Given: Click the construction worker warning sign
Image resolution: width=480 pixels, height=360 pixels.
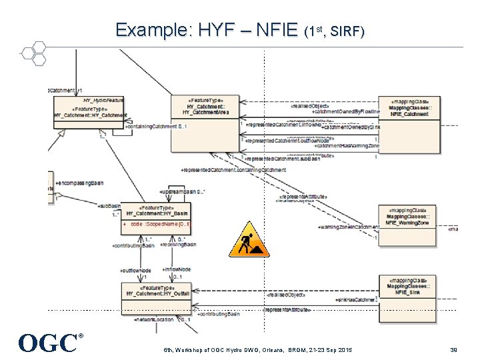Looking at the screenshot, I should [x=249, y=239].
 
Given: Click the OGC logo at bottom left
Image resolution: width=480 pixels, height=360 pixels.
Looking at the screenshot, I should [x=51, y=343].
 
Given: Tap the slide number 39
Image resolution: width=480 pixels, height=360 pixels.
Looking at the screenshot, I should [x=453, y=350].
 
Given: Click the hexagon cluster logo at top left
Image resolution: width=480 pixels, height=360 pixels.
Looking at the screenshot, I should [x=33, y=53].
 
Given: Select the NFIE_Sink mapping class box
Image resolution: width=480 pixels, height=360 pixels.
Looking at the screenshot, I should [x=409, y=293].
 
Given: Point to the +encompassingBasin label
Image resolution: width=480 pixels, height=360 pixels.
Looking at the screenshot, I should [x=79, y=183].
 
